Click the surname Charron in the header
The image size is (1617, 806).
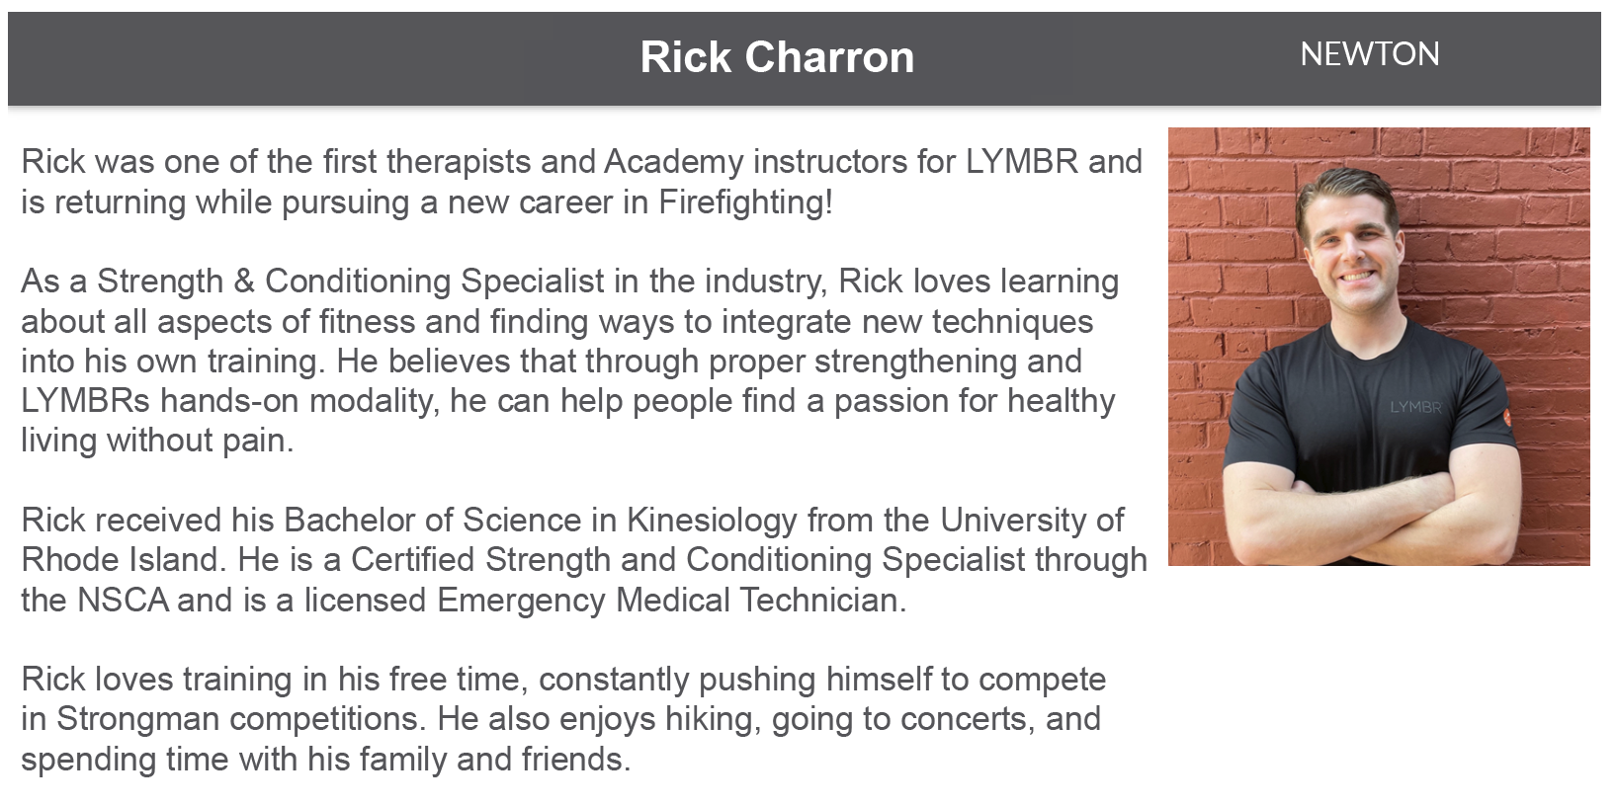tap(829, 57)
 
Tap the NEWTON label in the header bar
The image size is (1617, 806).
tap(1369, 54)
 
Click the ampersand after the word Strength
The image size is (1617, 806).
tap(244, 282)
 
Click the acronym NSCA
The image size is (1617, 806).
tap(123, 601)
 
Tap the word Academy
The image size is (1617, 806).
tap(673, 162)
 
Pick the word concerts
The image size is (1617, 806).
tap(963, 719)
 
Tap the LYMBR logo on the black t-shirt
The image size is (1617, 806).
tap(1415, 408)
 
